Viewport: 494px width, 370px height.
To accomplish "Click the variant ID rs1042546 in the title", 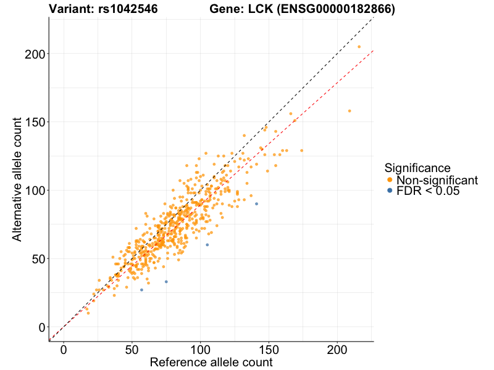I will click(x=127, y=9).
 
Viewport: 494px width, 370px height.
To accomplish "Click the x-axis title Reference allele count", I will click(x=211, y=362).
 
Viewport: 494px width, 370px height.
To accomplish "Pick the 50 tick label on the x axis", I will click(x=132, y=350).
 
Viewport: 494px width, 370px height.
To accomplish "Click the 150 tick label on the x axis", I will click(x=269, y=350).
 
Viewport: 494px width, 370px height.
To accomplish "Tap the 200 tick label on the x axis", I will click(x=337, y=350).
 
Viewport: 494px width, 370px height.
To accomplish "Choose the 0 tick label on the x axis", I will click(x=64, y=350).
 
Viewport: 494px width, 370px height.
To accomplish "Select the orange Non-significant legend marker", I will click(x=389, y=180).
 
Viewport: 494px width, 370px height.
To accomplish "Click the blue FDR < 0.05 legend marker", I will click(x=389, y=191).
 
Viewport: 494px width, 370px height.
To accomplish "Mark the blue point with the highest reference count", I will click(x=256, y=204).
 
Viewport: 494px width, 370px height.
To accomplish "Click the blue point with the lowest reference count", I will click(x=141, y=290).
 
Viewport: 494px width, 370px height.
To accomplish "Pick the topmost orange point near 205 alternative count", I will click(x=359, y=47).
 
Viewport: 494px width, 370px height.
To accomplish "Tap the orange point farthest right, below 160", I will click(x=350, y=111).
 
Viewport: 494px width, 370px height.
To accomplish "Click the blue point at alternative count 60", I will click(x=207, y=245).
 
